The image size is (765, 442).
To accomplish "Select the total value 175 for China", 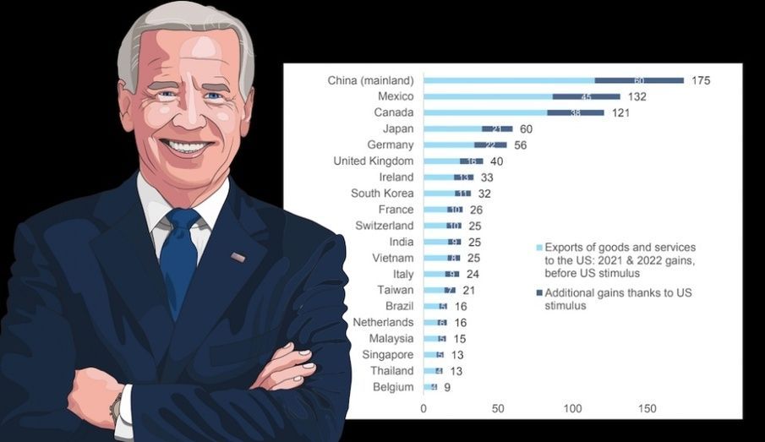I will point(700,80).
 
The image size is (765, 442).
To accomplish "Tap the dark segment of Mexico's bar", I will point(586,96).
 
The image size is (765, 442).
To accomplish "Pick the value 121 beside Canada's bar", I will point(621,112).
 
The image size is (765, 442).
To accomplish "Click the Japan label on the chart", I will point(397,128).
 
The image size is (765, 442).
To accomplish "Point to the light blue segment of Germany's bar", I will point(449,145).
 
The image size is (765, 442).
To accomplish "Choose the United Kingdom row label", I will point(373,161).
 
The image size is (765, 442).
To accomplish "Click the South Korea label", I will point(382,194).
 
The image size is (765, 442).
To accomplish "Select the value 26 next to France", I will point(476,210).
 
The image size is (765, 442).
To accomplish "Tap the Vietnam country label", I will point(393,258).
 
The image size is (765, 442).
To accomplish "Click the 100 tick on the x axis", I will point(572,409).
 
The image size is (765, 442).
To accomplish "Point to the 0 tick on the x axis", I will point(423,409).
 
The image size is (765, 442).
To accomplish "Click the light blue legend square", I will point(539,248).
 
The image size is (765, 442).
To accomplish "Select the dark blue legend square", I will point(539,293).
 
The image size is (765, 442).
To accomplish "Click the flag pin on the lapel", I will point(238,256).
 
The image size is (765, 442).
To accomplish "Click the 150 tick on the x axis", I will point(647,409).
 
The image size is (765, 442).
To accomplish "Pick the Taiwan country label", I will point(395,290).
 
